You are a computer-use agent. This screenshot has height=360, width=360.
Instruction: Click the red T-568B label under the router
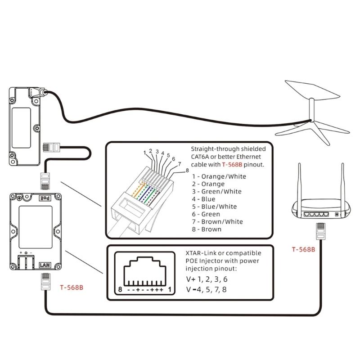click(303, 249)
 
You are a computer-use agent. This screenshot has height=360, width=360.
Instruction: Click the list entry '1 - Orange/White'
click(219, 176)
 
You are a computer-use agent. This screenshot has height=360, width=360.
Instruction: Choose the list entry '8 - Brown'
click(207, 229)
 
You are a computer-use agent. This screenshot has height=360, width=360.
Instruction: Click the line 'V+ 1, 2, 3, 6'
click(210, 279)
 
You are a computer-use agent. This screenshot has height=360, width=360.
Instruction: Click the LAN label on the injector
click(45, 265)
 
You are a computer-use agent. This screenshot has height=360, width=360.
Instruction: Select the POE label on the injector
click(45, 198)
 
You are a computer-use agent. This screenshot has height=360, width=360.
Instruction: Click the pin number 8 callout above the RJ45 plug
click(187, 170)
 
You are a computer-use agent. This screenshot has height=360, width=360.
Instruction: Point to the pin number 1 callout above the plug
click(144, 153)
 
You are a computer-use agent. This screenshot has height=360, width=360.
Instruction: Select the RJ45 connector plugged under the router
click(320, 230)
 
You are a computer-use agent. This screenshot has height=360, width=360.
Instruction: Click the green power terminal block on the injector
click(27, 262)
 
